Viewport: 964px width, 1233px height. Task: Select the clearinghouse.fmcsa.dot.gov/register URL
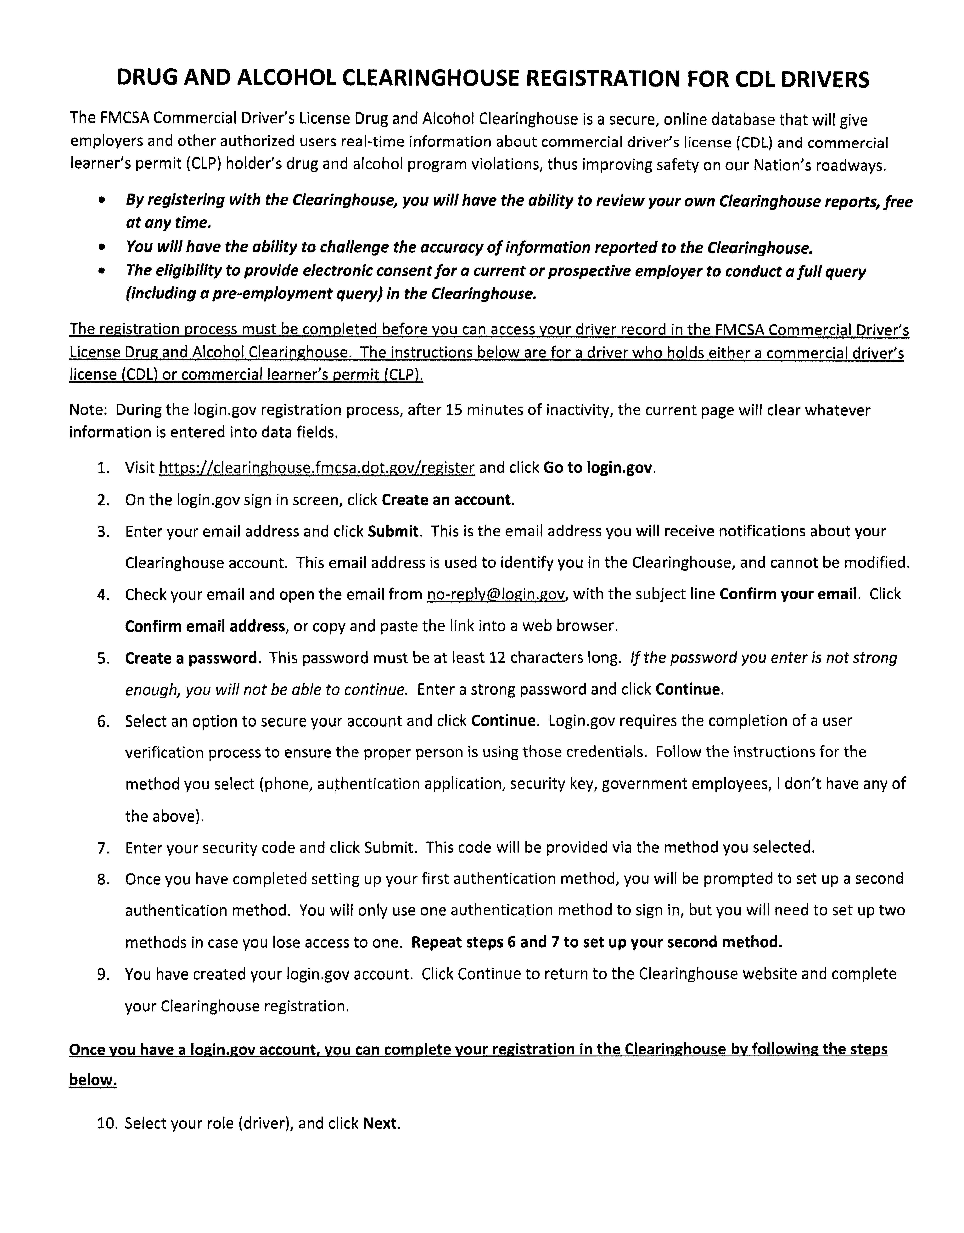pos(317,468)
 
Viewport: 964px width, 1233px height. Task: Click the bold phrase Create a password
pos(191,658)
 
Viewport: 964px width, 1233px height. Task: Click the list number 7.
pos(103,848)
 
